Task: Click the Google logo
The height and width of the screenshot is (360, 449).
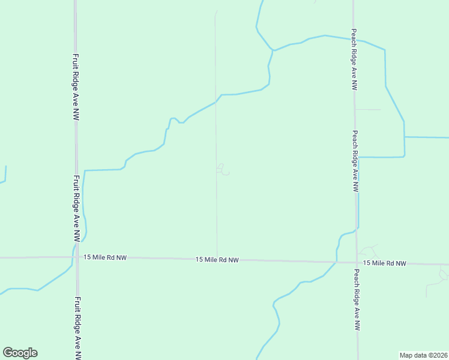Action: click(20, 353)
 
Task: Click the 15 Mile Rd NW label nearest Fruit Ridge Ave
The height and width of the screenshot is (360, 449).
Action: click(105, 257)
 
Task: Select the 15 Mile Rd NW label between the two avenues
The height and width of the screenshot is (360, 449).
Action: click(217, 260)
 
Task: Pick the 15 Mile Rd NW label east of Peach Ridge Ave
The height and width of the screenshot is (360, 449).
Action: click(384, 263)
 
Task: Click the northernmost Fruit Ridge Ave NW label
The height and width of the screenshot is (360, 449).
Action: click(76, 87)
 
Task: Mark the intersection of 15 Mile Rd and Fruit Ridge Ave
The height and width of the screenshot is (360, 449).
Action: click(76, 257)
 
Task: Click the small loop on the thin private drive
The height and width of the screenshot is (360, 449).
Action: click(222, 170)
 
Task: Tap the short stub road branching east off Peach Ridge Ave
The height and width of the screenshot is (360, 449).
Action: click(368, 110)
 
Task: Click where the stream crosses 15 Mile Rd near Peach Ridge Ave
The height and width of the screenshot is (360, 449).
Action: click(334, 262)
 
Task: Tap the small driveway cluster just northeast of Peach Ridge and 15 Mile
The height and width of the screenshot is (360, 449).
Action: click(369, 251)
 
